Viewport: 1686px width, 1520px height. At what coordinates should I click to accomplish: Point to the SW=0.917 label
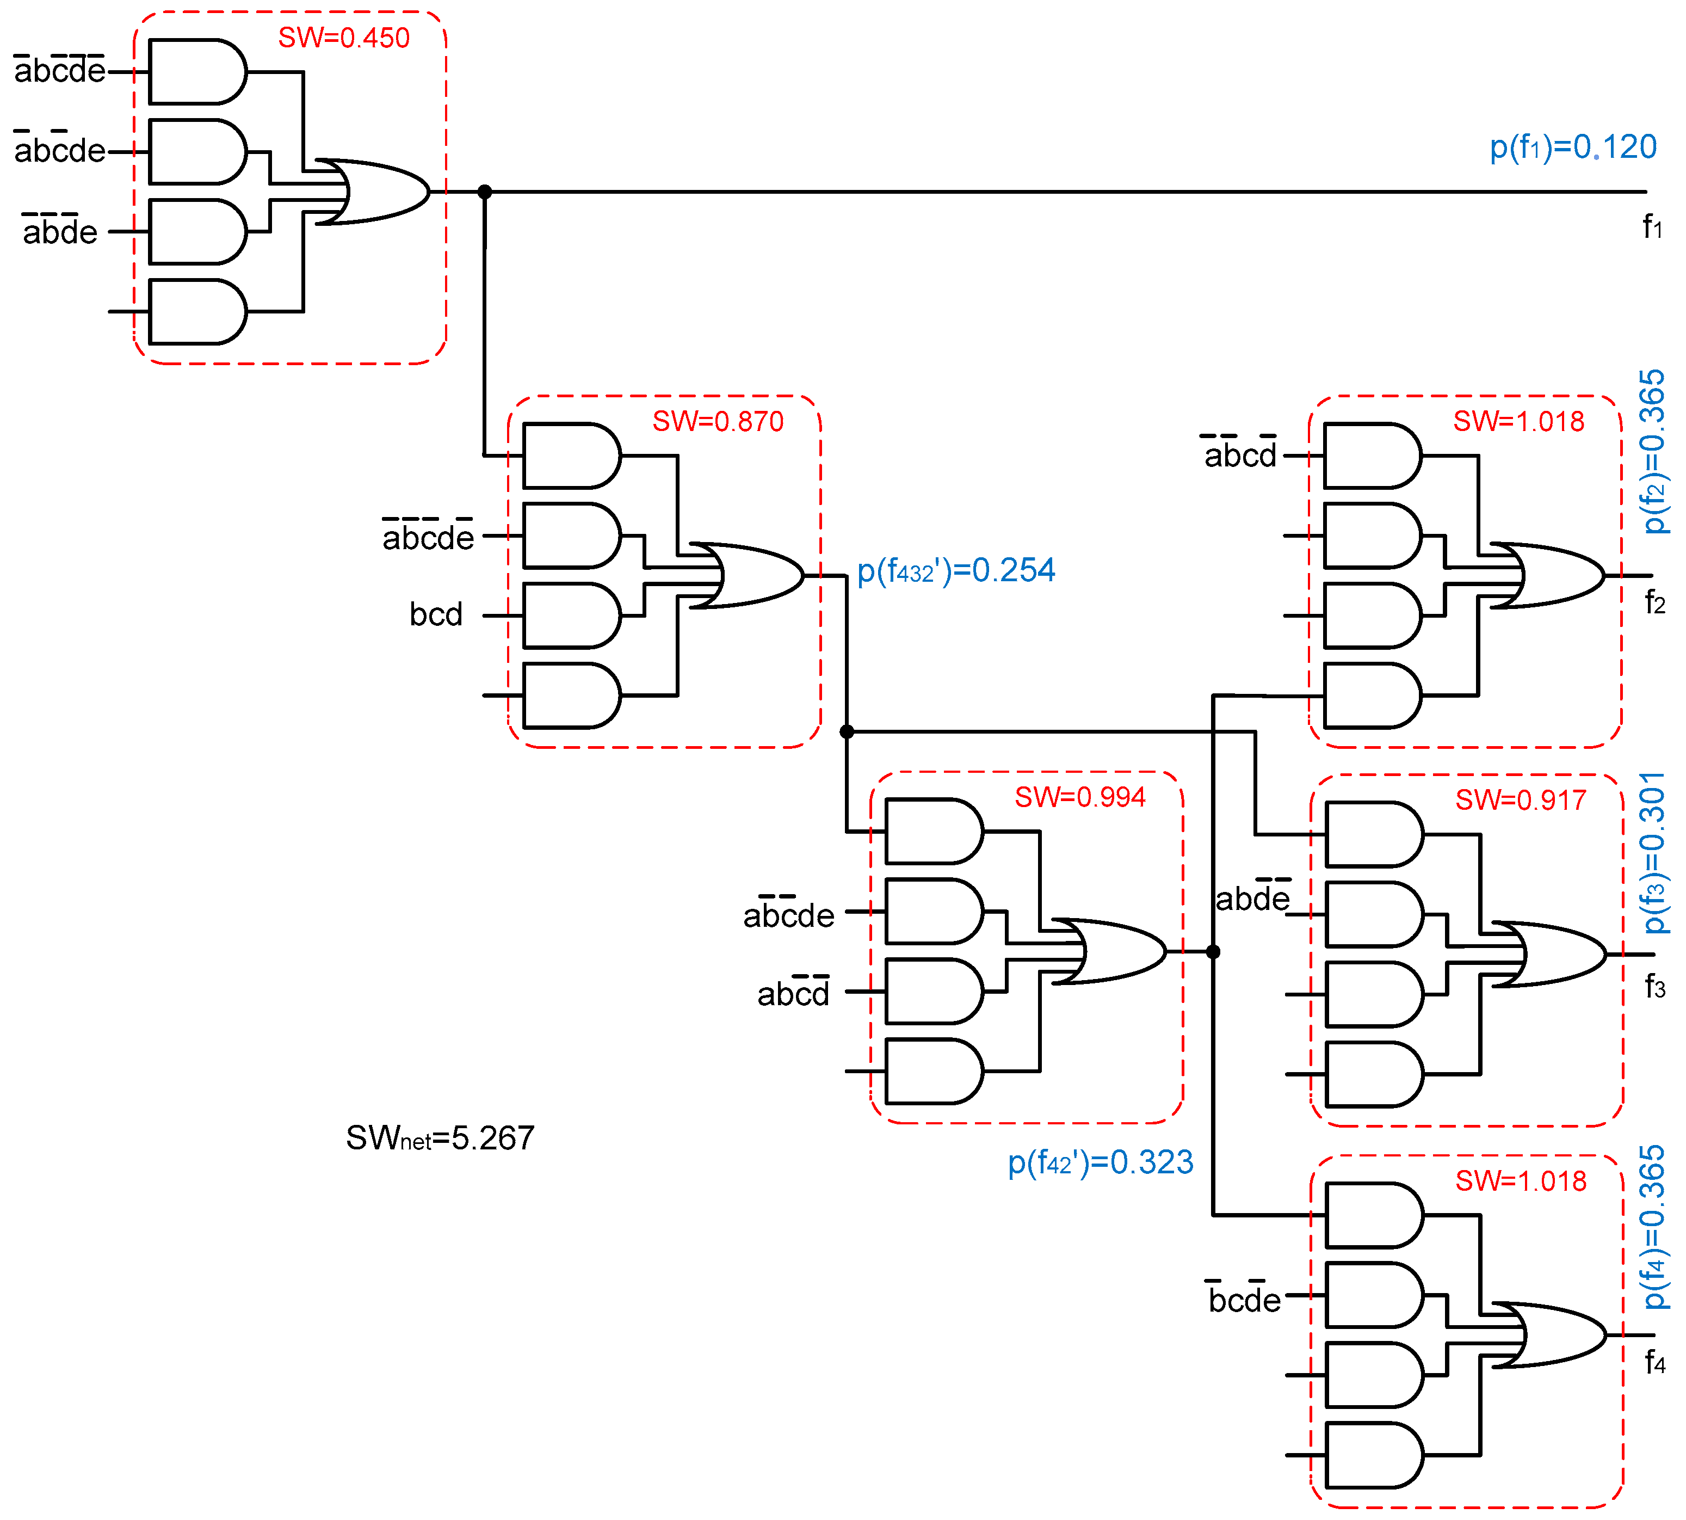coord(1520,800)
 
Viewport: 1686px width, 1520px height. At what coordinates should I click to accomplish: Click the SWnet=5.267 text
coord(440,1139)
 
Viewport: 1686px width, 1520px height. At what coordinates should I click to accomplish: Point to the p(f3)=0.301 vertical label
coord(1653,852)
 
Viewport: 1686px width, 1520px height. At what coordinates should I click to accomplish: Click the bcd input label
coord(435,614)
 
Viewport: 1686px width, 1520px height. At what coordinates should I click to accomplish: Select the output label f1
coord(1652,227)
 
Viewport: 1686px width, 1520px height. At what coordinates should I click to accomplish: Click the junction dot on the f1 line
coord(484,192)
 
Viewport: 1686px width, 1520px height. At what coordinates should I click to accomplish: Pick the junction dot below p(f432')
coord(846,731)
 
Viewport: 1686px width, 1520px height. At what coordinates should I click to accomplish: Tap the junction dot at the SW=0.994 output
coord(1213,951)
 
